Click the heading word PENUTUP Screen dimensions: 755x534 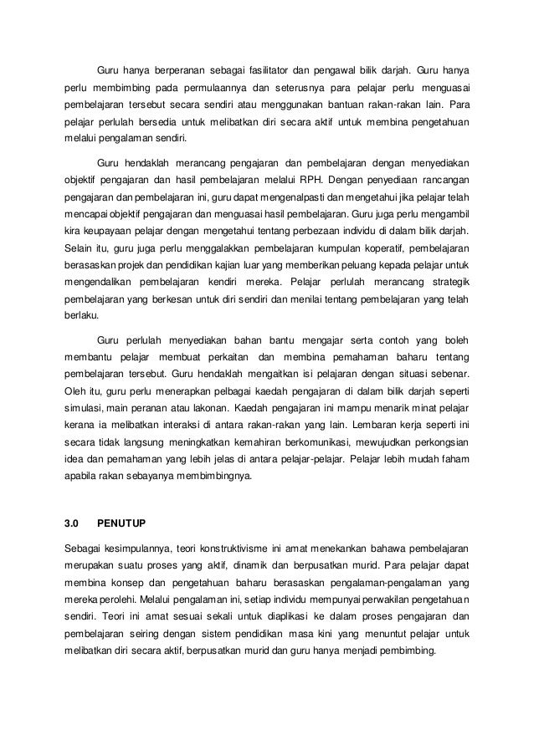point(121,524)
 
